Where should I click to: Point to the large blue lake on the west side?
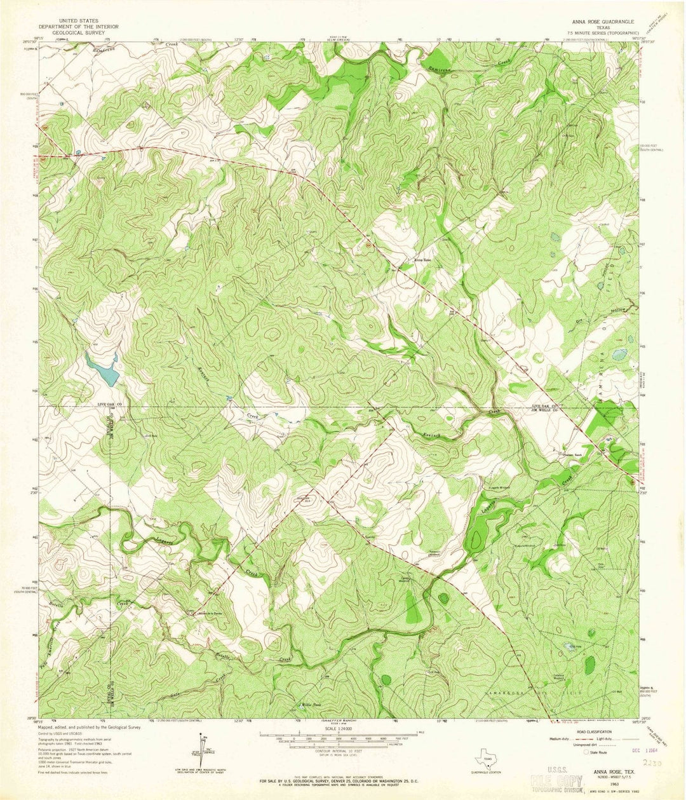(x=102, y=368)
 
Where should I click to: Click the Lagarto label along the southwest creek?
(x=168, y=539)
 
